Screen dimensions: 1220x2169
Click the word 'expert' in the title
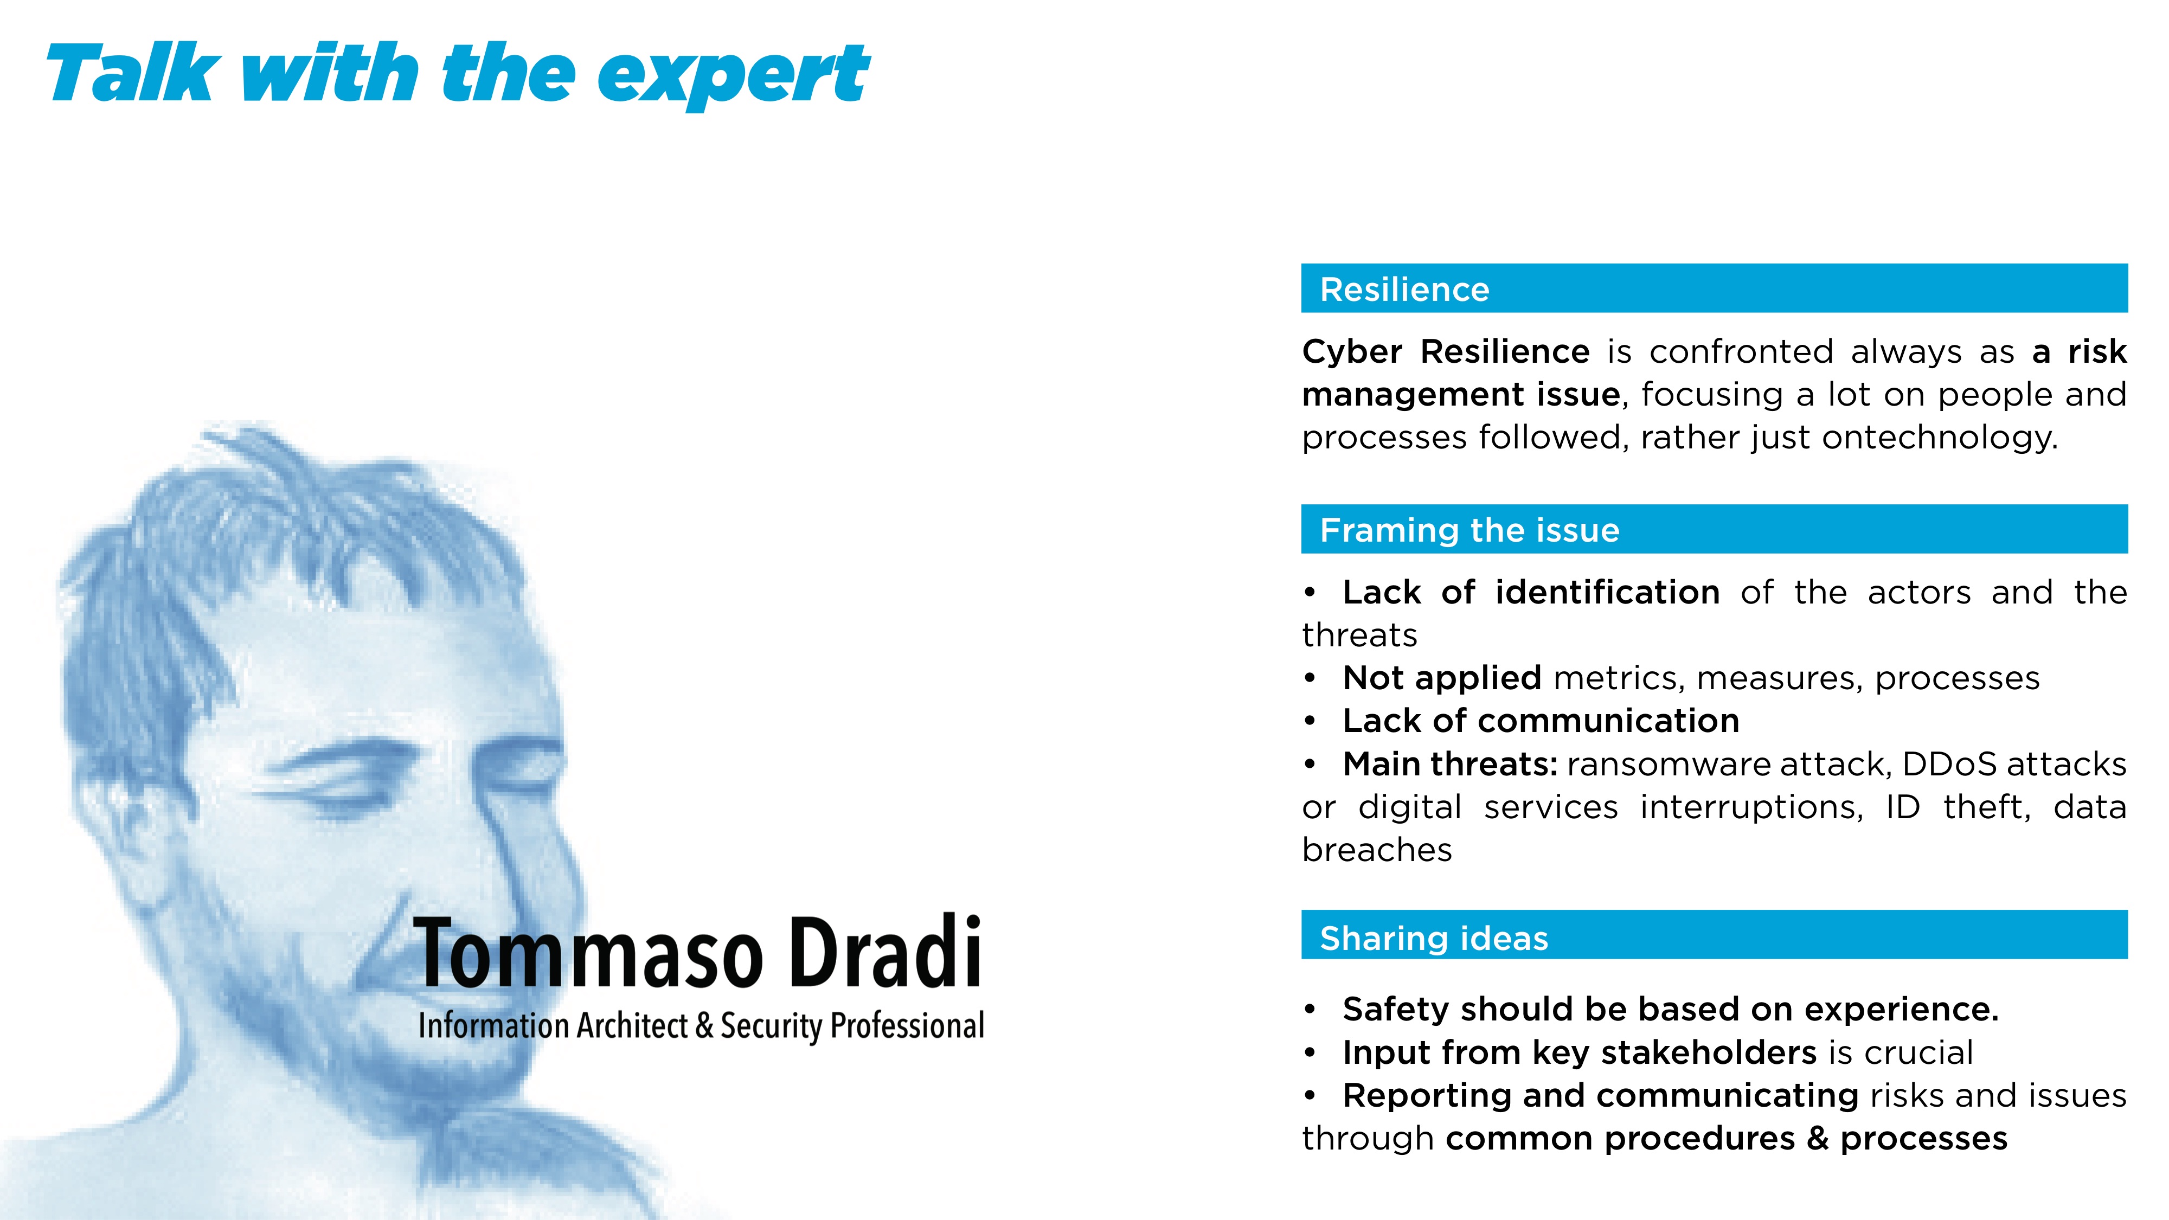pos(733,76)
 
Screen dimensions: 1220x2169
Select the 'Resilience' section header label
pos(1404,290)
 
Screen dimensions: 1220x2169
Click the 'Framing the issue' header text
pos(1469,530)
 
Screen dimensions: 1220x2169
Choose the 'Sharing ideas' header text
pos(1434,938)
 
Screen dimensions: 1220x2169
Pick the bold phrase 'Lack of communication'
pos(1541,721)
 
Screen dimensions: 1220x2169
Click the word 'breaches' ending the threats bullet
pos(1377,850)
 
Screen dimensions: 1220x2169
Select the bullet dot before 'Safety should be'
pos(1310,1010)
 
